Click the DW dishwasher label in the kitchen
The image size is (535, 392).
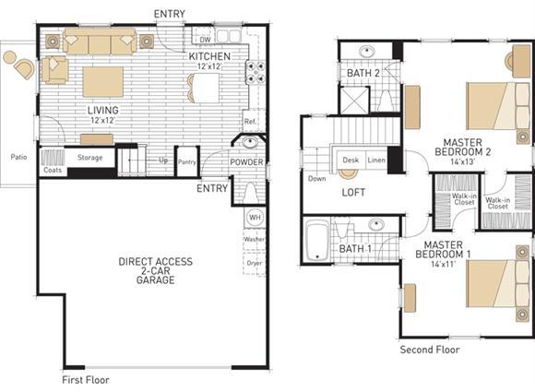tap(206, 40)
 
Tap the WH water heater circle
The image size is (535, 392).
tap(255, 218)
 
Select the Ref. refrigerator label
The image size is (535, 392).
tap(250, 122)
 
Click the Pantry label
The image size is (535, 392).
tap(187, 162)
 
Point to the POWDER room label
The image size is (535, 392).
tap(246, 162)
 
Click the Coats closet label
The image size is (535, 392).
tap(53, 170)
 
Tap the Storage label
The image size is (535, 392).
tap(89, 158)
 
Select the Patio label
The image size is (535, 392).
tap(18, 157)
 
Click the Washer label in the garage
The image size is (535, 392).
tap(255, 239)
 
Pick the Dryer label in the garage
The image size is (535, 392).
tap(255, 263)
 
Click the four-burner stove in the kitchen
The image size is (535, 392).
tap(256, 72)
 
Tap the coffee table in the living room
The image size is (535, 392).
tap(102, 82)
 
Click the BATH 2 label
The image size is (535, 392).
tap(363, 73)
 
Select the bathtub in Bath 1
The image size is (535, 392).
tap(317, 241)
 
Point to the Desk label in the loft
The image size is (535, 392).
tap(351, 160)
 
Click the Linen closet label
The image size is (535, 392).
tap(376, 160)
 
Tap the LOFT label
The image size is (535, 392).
tap(353, 193)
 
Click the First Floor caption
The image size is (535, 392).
tap(86, 380)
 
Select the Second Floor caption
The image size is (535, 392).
tap(430, 350)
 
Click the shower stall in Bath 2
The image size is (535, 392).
tap(355, 101)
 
